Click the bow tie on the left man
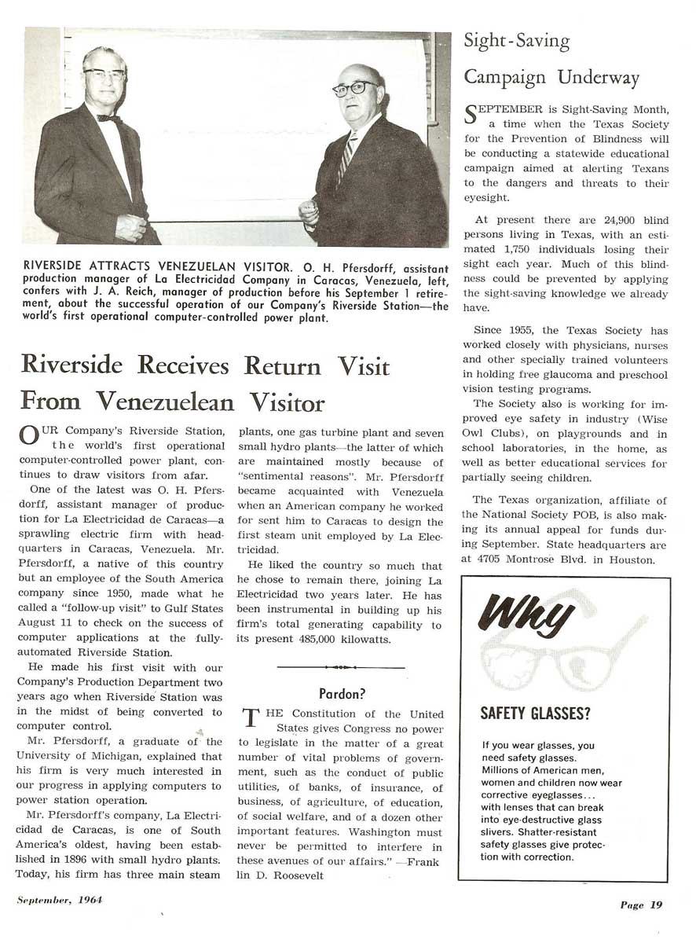108,118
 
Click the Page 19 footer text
641,904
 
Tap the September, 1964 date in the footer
60,900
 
